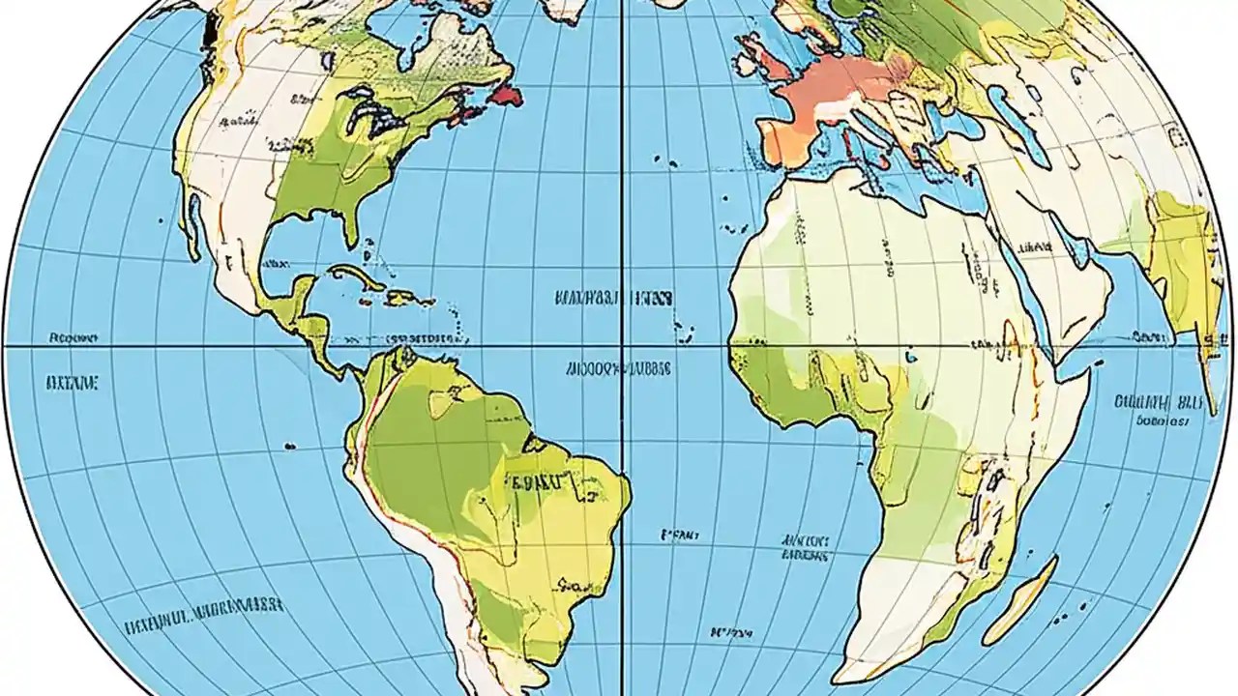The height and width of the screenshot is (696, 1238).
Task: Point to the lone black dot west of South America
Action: click(x=289, y=445)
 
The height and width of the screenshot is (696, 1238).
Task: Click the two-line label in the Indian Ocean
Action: click(x=1157, y=409)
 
